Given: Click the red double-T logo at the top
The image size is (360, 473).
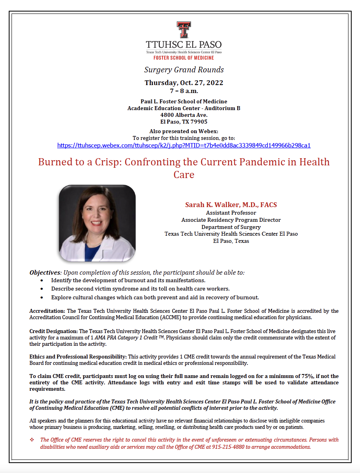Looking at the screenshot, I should (x=184, y=30).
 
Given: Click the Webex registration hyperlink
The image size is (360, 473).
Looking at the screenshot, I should (x=184, y=145).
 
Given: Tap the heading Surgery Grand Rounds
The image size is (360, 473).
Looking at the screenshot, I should (x=184, y=70).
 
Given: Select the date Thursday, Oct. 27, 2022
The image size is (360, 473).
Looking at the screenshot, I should (x=184, y=83).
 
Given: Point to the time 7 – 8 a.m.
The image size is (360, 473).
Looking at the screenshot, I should (x=184, y=91).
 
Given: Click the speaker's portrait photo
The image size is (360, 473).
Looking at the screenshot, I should (x=97, y=223).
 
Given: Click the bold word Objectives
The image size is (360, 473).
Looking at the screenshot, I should (x=45, y=273).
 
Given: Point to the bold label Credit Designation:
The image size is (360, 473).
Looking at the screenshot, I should (x=54, y=331).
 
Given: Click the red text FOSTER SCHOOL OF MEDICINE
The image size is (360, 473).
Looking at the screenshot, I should (x=184, y=58).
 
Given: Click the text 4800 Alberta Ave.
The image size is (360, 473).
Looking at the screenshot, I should (x=184, y=115).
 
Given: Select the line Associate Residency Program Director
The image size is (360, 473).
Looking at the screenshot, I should (x=231, y=220).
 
